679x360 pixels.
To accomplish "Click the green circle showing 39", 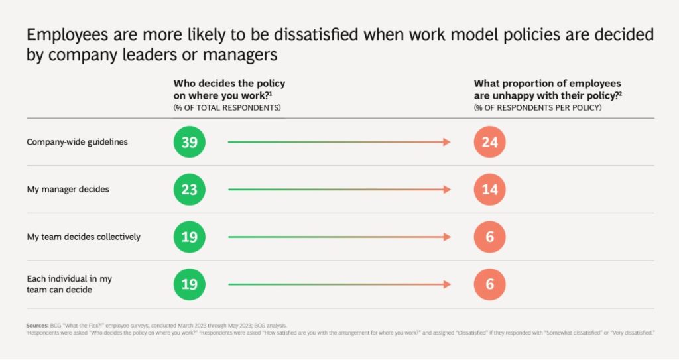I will click(x=190, y=142).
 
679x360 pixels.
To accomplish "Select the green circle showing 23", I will click(x=190, y=190).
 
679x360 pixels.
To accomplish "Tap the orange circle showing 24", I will click(x=490, y=142).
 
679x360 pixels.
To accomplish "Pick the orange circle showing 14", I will click(x=490, y=190).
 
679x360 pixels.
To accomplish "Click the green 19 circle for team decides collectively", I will click(x=190, y=237).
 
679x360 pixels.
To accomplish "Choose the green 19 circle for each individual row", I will click(x=190, y=284).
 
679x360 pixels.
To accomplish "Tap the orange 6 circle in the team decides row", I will click(x=490, y=237).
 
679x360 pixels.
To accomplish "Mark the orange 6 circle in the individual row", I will click(x=490, y=284).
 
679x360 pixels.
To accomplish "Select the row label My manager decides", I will click(x=68, y=190).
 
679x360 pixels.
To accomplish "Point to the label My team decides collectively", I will click(x=83, y=237).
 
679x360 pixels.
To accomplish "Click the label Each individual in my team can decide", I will click(x=69, y=284).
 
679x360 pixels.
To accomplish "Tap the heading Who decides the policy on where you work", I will click(x=229, y=89).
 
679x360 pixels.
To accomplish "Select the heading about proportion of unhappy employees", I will click(x=548, y=89).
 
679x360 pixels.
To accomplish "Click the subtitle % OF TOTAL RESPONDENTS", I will click(x=227, y=107).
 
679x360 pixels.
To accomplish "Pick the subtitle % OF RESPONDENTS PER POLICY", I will click(x=538, y=107).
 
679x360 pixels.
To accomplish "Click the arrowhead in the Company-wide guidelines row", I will click(x=447, y=142).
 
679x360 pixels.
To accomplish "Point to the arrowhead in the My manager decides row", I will click(x=447, y=190).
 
